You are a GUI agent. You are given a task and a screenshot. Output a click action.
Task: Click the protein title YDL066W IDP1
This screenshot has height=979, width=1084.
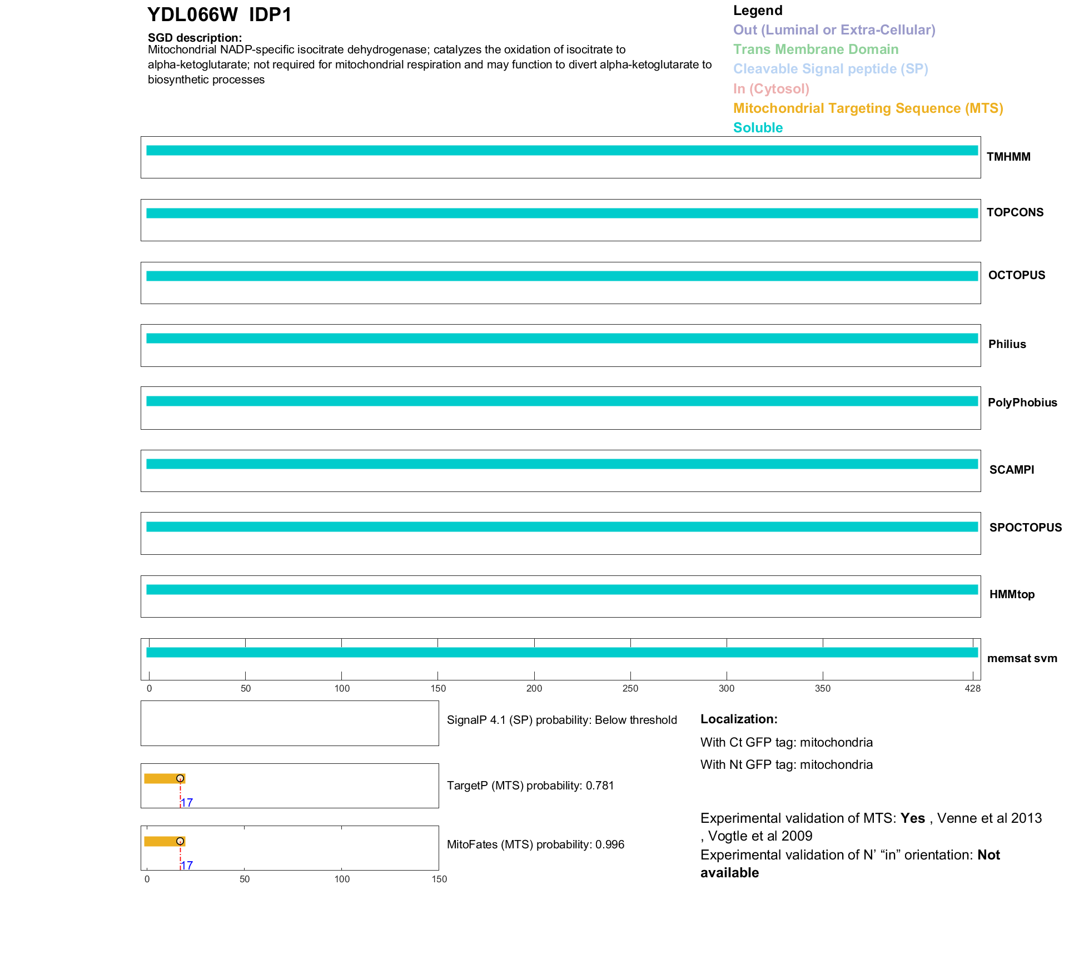pyautogui.click(x=219, y=15)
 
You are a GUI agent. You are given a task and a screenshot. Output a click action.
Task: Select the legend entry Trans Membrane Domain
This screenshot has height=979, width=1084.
pyautogui.click(x=816, y=49)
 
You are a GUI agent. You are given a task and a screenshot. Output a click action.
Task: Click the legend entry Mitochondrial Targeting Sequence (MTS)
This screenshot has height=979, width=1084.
pyautogui.click(x=868, y=108)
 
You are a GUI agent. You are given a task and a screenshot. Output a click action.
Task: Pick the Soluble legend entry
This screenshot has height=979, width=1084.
pyautogui.click(x=758, y=128)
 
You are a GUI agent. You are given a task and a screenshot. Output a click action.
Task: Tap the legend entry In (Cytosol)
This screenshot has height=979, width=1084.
pyautogui.click(x=771, y=89)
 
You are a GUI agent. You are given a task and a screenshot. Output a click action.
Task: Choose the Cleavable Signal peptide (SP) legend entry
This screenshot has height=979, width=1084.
pyautogui.click(x=831, y=69)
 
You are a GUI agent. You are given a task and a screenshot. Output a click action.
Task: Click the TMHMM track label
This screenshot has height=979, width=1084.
pyautogui.click(x=1008, y=157)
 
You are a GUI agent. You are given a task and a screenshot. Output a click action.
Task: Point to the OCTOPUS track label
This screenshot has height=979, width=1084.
pyautogui.click(x=1016, y=275)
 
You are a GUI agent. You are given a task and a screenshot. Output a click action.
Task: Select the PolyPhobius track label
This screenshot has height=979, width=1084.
pyautogui.click(x=1022, y=402)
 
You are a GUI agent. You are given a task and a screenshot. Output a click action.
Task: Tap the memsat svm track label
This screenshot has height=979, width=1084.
pyautogui.click(x=1022, y=658)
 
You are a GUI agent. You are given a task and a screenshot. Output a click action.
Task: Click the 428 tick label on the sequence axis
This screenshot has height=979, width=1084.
pyautogui.click(x=972, y=689)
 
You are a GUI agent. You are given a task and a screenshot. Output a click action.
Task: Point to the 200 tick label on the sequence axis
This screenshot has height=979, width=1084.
pyautogui.click(x=534, y=689)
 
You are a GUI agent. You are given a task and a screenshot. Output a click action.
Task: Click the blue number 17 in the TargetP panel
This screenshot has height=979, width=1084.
pyautogui.click(x=187, y=803)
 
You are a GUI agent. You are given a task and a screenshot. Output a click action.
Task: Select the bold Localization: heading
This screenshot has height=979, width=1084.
pyautogui.click(x=738, y=719)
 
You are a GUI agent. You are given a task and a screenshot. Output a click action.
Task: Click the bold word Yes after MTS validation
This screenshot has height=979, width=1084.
pyautogui.click(x=912, y=818)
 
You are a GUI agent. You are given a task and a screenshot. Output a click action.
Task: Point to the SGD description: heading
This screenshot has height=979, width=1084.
pyautogui.click(x=195, y=38)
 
